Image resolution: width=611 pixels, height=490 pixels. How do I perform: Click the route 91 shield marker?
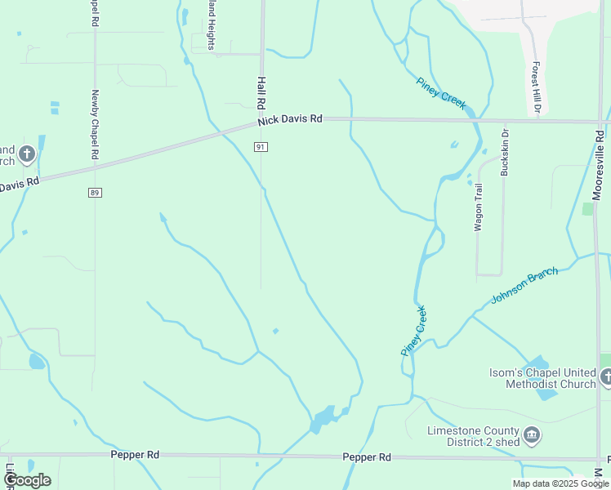[261, 146]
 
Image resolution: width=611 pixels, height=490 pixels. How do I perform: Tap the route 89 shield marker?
[95, 192]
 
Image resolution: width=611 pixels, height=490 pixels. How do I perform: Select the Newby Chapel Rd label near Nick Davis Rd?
[96, 124]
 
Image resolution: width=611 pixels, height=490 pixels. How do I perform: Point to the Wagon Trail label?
[479, 208]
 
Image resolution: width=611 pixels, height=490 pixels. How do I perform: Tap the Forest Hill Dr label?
[537, 87]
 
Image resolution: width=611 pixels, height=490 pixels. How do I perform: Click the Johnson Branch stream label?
[524, 286]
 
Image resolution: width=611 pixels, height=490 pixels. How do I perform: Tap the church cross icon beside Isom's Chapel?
[606, 377]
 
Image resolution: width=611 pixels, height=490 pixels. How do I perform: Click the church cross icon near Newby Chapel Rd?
[27, 154]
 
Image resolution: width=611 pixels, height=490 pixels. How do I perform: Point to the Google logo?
[27, 480]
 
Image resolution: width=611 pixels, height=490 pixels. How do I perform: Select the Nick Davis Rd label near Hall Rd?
[290, 120]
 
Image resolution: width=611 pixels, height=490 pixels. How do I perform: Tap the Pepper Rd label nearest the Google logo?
[135, 454]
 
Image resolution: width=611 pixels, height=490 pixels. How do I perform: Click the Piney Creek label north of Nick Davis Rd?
[441, 93]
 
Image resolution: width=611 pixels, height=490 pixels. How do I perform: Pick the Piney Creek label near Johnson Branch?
[414, 330]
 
